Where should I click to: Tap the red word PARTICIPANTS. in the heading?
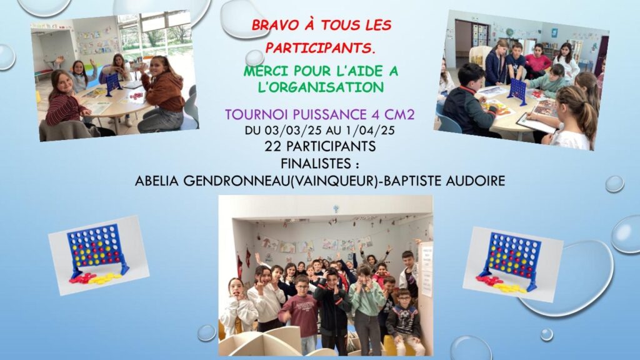[321, 48]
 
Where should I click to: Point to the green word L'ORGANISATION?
[321, 87]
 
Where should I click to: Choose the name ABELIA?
[157, 181]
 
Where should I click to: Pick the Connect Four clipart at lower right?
[512, 264]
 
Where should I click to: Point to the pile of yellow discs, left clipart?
[105, 279]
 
